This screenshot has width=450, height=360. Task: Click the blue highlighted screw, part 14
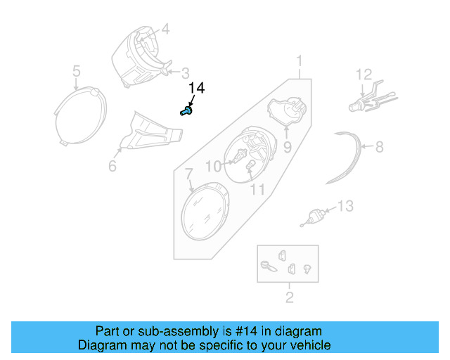pos(186,110)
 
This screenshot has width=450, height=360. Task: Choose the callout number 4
pos(165,30)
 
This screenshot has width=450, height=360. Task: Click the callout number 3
pos(186,72)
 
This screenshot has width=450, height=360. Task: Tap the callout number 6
pos(112,167)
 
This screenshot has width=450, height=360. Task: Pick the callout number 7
pos(188,173)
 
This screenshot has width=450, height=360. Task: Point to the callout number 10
pos(213,166)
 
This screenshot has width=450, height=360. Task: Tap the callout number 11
pos(257,189)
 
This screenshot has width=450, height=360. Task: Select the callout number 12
pos(363,75)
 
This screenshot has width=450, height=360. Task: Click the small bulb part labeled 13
pos(316,214)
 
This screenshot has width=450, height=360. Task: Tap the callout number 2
pos(289,298)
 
